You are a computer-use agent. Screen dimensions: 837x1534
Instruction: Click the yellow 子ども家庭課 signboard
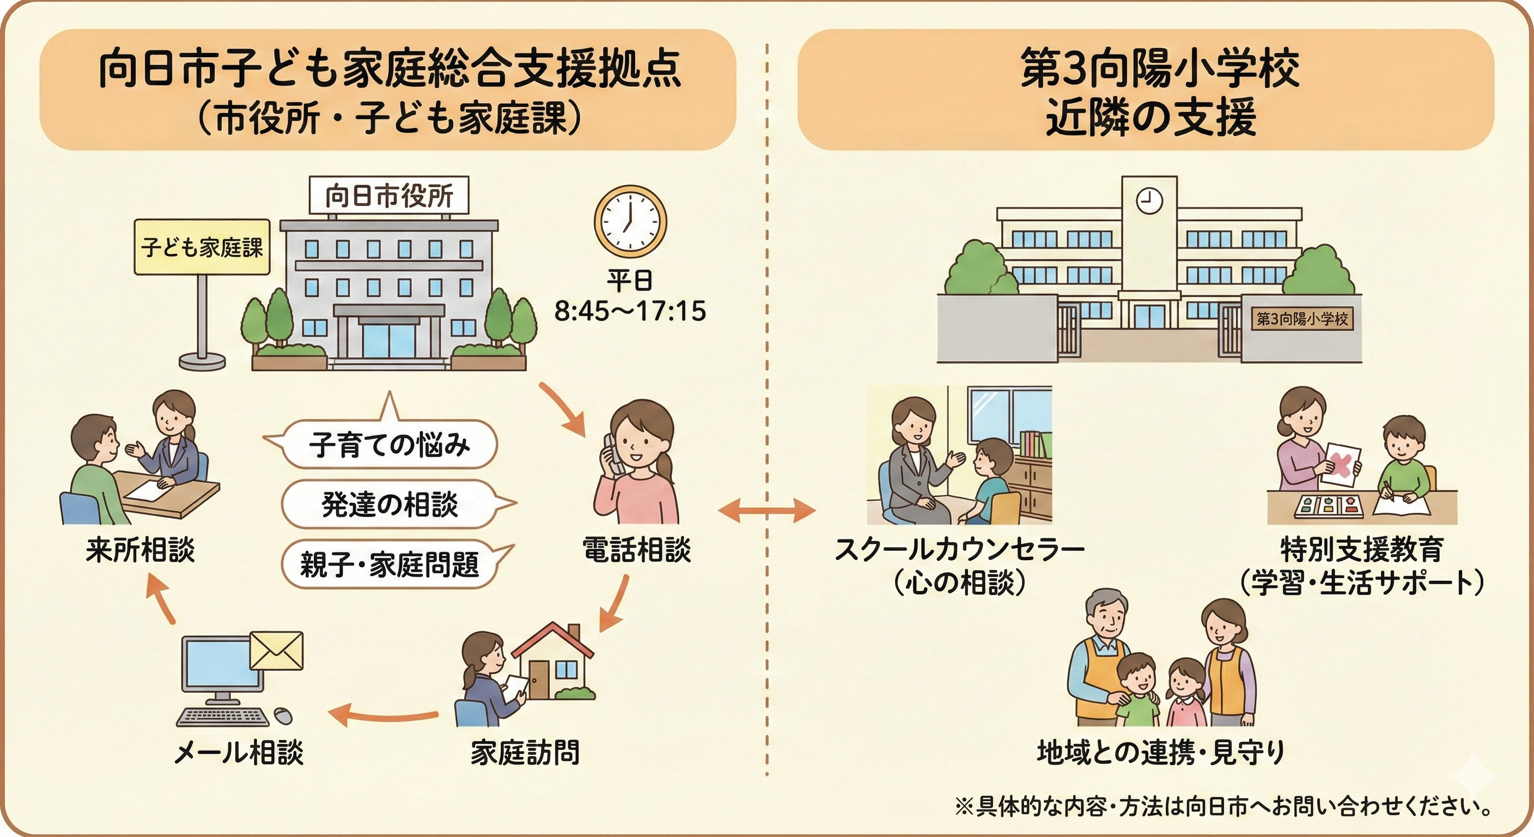(x=202, y=247)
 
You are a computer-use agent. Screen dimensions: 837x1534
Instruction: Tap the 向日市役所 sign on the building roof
(x=389, y=196)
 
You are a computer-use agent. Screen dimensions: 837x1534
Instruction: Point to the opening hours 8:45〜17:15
(x=630, y=311)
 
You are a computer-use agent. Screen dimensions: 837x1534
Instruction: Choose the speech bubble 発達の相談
(x=389, y=504)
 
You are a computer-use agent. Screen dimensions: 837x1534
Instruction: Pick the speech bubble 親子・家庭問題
(x=389, y=563)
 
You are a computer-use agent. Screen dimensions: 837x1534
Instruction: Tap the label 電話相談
(x=636, y=549)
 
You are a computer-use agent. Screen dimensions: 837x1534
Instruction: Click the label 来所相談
(x=141, y=549)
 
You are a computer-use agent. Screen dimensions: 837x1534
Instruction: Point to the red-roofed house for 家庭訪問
(x=552, y=661)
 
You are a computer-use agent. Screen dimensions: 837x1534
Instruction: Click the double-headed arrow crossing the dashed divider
(x=766, y=510)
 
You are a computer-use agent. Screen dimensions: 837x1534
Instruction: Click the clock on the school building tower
(x=1149, y=200)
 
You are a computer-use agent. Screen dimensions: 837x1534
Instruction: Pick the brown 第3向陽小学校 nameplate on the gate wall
(x=1302, y=319)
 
